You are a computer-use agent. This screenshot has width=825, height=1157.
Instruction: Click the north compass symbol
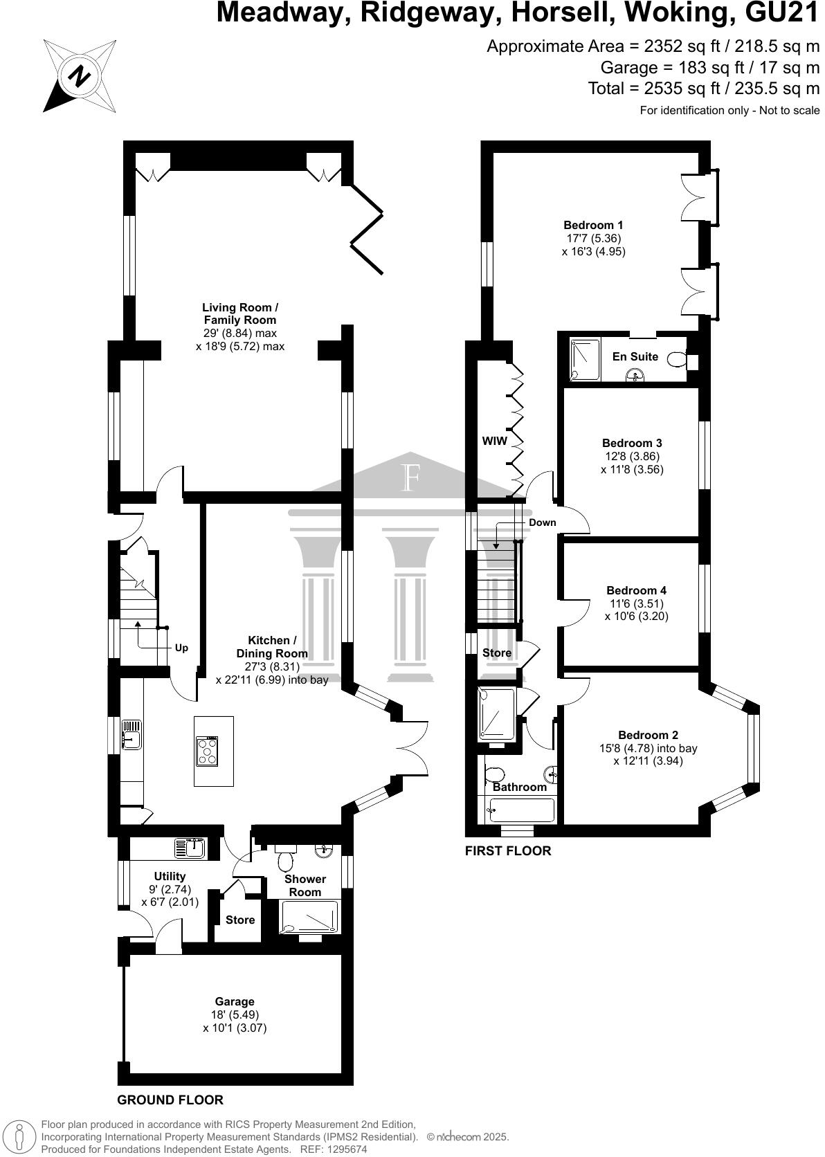coord(80,75)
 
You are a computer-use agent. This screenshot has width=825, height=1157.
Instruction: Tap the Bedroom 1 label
coord(593,225)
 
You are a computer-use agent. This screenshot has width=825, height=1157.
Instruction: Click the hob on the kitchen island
coord(208,751)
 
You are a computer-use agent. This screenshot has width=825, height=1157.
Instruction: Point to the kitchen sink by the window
coord(132,735)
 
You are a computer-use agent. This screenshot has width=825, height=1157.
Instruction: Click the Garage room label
coord(235,1001)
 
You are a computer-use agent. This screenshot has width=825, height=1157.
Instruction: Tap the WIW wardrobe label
coord(495,441)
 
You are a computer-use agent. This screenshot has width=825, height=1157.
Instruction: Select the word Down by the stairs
coord(542,522)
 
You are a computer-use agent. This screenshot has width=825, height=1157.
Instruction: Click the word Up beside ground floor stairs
coord(181,648)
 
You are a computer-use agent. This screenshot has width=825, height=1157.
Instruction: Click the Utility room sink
coord(189,848)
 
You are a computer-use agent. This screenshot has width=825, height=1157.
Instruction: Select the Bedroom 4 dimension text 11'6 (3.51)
coord(636,603)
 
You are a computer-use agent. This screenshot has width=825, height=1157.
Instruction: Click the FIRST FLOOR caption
coord(508,851)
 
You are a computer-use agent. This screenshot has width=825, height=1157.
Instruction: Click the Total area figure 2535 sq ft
coord(704,89)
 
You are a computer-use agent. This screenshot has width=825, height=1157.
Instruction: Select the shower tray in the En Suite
coord(586,358)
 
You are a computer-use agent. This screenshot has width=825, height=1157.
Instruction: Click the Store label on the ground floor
coord(240,920)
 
